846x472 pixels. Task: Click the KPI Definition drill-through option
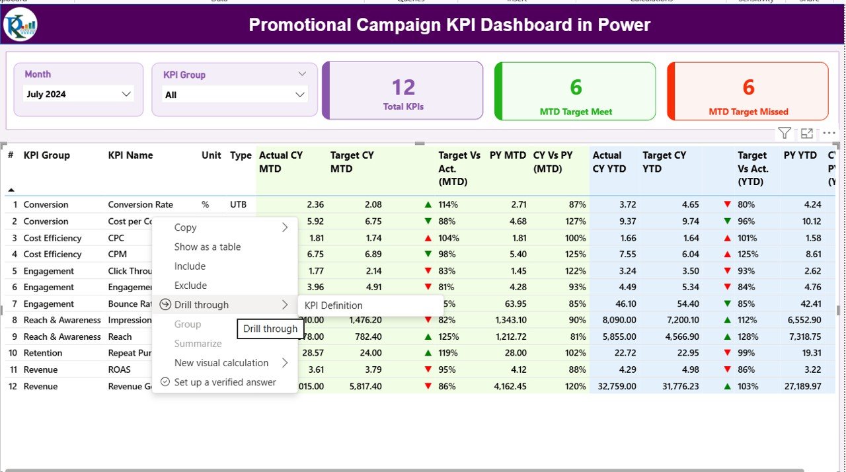333,305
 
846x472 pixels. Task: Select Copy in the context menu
186,227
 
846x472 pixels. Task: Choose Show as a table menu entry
208,247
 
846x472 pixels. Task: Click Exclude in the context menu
190,286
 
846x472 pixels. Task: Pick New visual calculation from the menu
221,363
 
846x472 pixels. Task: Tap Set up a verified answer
225,382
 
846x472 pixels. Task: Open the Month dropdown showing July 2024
79,95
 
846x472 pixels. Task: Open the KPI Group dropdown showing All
235,95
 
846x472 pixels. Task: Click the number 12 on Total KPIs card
403,87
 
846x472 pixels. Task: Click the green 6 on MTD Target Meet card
576,87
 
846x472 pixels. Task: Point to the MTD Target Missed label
748,112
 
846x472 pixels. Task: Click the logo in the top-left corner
20,25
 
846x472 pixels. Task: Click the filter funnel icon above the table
784,134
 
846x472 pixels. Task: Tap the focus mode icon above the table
806,134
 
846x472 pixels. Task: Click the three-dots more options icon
829,134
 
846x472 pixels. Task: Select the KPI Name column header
130,155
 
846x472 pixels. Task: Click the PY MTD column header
508,155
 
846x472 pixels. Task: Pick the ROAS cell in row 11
119,370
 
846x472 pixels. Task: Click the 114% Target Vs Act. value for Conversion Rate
447,205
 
